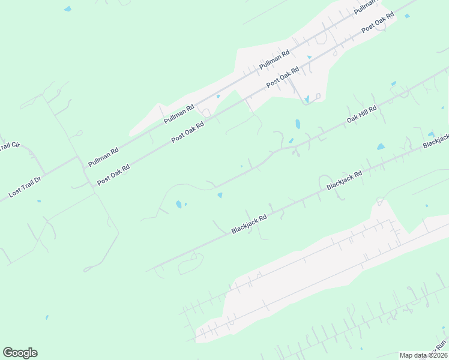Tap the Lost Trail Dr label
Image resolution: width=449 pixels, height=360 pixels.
pyautogui.click(x=25, y=187)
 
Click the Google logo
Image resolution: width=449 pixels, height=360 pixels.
pyautogui.click(x=20, y=353)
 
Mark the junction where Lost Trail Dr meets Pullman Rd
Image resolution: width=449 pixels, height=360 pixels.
pyautogui.click(x=78, y=158)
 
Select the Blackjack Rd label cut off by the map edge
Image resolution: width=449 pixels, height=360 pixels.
pyautogui.click(x=436, y=141)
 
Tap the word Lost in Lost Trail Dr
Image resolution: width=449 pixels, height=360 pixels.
pyautogui.click(x=14, y=193)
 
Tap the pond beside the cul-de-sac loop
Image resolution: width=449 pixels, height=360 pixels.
pyautogui.click(x=307, y=98)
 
